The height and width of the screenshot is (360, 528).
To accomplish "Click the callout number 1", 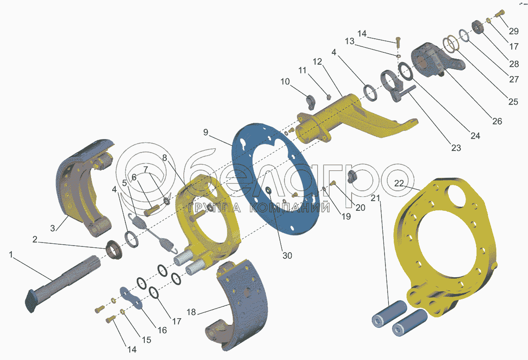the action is pos(11,255).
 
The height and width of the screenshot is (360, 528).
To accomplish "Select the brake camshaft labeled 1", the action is pos(62,284).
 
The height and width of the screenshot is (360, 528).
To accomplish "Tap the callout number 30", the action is pos(287,256).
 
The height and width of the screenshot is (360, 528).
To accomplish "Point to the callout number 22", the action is pos(399,183).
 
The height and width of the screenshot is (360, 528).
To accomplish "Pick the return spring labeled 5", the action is pos(153,233).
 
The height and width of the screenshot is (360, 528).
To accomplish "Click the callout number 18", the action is pos(191,312).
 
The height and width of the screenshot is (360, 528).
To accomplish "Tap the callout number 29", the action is pos(514,31).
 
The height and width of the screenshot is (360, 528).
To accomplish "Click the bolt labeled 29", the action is pos(499,14).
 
